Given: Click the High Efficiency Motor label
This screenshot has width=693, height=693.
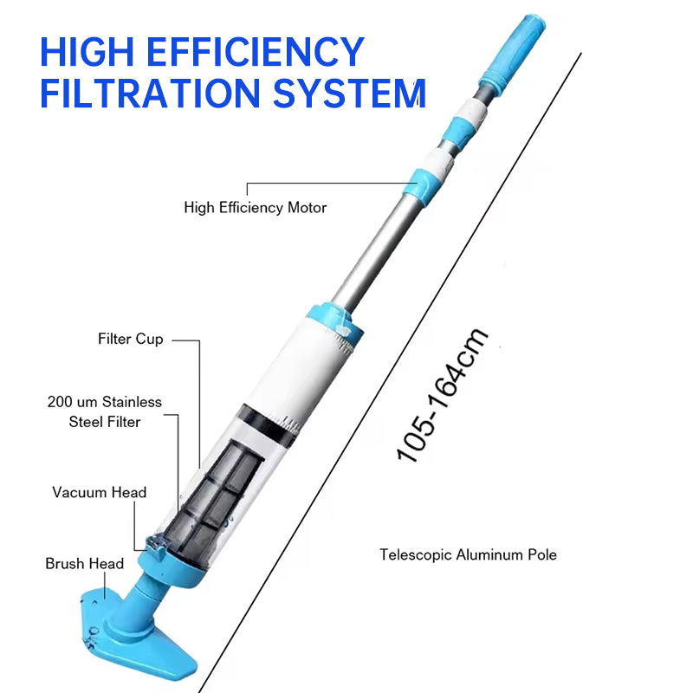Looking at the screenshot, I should [255, 208].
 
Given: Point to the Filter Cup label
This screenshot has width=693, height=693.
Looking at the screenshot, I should [130, 339].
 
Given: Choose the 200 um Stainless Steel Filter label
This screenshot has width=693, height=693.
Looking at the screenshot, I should [104, 411].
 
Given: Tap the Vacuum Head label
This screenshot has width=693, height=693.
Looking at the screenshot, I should [99, 492].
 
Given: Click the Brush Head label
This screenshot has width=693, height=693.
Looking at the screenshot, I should [84, 564].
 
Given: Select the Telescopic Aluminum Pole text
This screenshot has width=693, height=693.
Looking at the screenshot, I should [468, 554].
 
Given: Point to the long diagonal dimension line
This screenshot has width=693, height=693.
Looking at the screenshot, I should [390, 372].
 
